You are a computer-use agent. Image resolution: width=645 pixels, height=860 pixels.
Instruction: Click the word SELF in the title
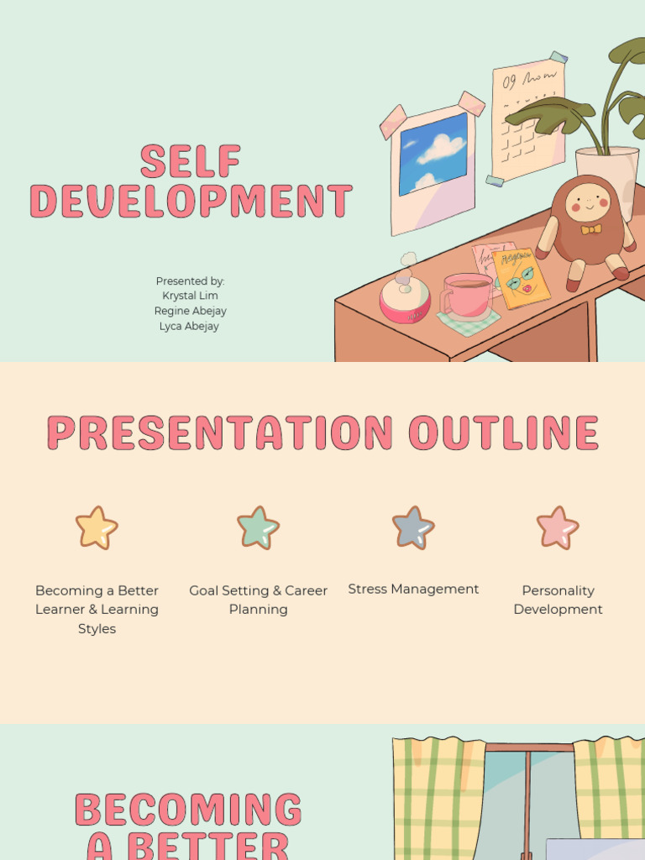pyautogui.click(x=191, y=160)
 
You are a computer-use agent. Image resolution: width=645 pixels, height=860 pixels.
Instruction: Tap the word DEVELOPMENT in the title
pyautogui.click(x=191, y=200)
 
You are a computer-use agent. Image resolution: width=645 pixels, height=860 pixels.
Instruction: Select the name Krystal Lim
pyautogui.click(x=190, y=296)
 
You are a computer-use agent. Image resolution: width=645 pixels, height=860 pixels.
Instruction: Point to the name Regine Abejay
pyautogui.click(x=191, y=311)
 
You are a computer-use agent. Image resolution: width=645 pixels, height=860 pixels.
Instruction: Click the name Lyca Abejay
pyautogui.click(x=189, y=327)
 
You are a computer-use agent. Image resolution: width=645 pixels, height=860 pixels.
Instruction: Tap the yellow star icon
pyautogui.click(x=97, y=527)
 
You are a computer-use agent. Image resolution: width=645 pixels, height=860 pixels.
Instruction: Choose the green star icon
pyautogui.click(x=258, y=527)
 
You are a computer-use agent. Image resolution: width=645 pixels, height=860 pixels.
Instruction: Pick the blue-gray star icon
pyautogui.click(x=413, y=527)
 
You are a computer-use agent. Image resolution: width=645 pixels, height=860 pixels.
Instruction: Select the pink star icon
pyautogui.click(x=558, y=527)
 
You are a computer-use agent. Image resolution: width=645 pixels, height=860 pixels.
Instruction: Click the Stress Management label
pyautogui.click(x=413, y=589)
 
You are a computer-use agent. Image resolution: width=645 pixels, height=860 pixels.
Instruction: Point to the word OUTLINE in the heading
pyautogui.click(x=504, y=433)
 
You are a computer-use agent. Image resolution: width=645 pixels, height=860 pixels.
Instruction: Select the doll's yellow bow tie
pyautogui.click(x=591, y=229)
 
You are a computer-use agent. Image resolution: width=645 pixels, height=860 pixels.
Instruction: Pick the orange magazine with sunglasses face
pyautogui.click(x=521, y=278)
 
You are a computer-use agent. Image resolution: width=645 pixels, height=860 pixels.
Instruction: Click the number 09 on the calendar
pyautogui.click(x=510, y=82)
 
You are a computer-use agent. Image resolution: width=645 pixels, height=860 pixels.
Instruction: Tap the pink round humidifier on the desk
pyautogui.click(x=405, y=301)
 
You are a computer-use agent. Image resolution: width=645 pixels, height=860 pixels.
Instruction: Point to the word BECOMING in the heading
pyautogui.click(x=188, y=810)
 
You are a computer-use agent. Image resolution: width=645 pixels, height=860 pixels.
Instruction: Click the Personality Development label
pyautogui.click(x=558, y=600)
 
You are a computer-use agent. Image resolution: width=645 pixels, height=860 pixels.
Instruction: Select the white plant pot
pyautogui.click(x=606, y=176)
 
